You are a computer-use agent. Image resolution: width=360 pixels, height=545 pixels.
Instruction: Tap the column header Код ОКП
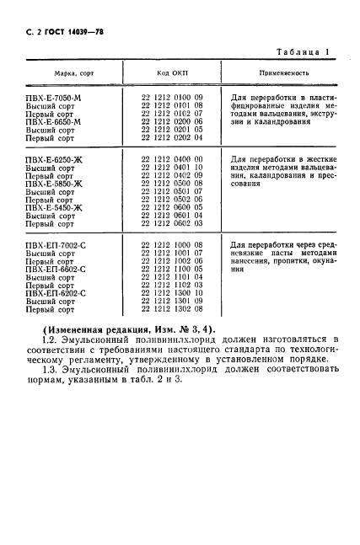tap(171, 73)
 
